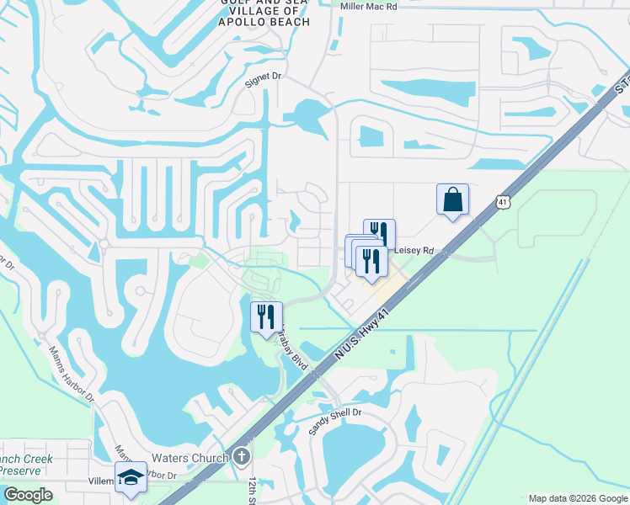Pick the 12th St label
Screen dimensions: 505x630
pyautogui.click(x=252, y=489)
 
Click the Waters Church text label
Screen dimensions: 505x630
pyautogui.click(x=190, y=458)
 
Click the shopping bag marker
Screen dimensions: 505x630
pyautogui.click(x=452, y=200)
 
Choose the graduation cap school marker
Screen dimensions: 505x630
pyautogui.click(x=131, y=478)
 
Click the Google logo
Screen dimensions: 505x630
pyautogui.click(x=27, y=495)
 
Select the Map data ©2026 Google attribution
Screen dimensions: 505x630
pyautogui.click(x=578, y=498)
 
